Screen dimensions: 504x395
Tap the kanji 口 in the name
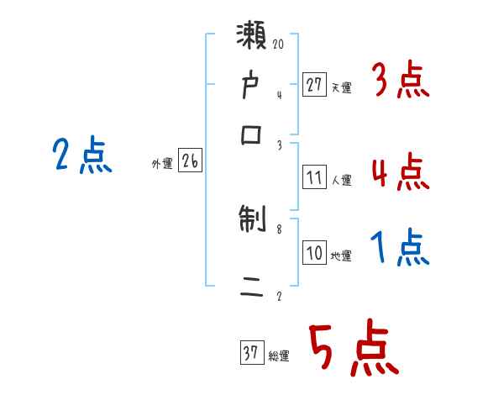pos(252,134)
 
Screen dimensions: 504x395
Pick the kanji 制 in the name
pos(252,222)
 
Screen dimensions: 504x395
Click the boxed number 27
pos(314,85)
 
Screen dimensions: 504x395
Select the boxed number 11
pos(314,177)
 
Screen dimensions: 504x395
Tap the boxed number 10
pos(314,254)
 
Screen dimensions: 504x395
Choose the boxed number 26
pos(190,162)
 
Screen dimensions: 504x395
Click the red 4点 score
pos(400,173)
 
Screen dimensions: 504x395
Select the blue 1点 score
pos(400,250)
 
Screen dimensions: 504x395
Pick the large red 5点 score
pos(353,350)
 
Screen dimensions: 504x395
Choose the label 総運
pos(279,356)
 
